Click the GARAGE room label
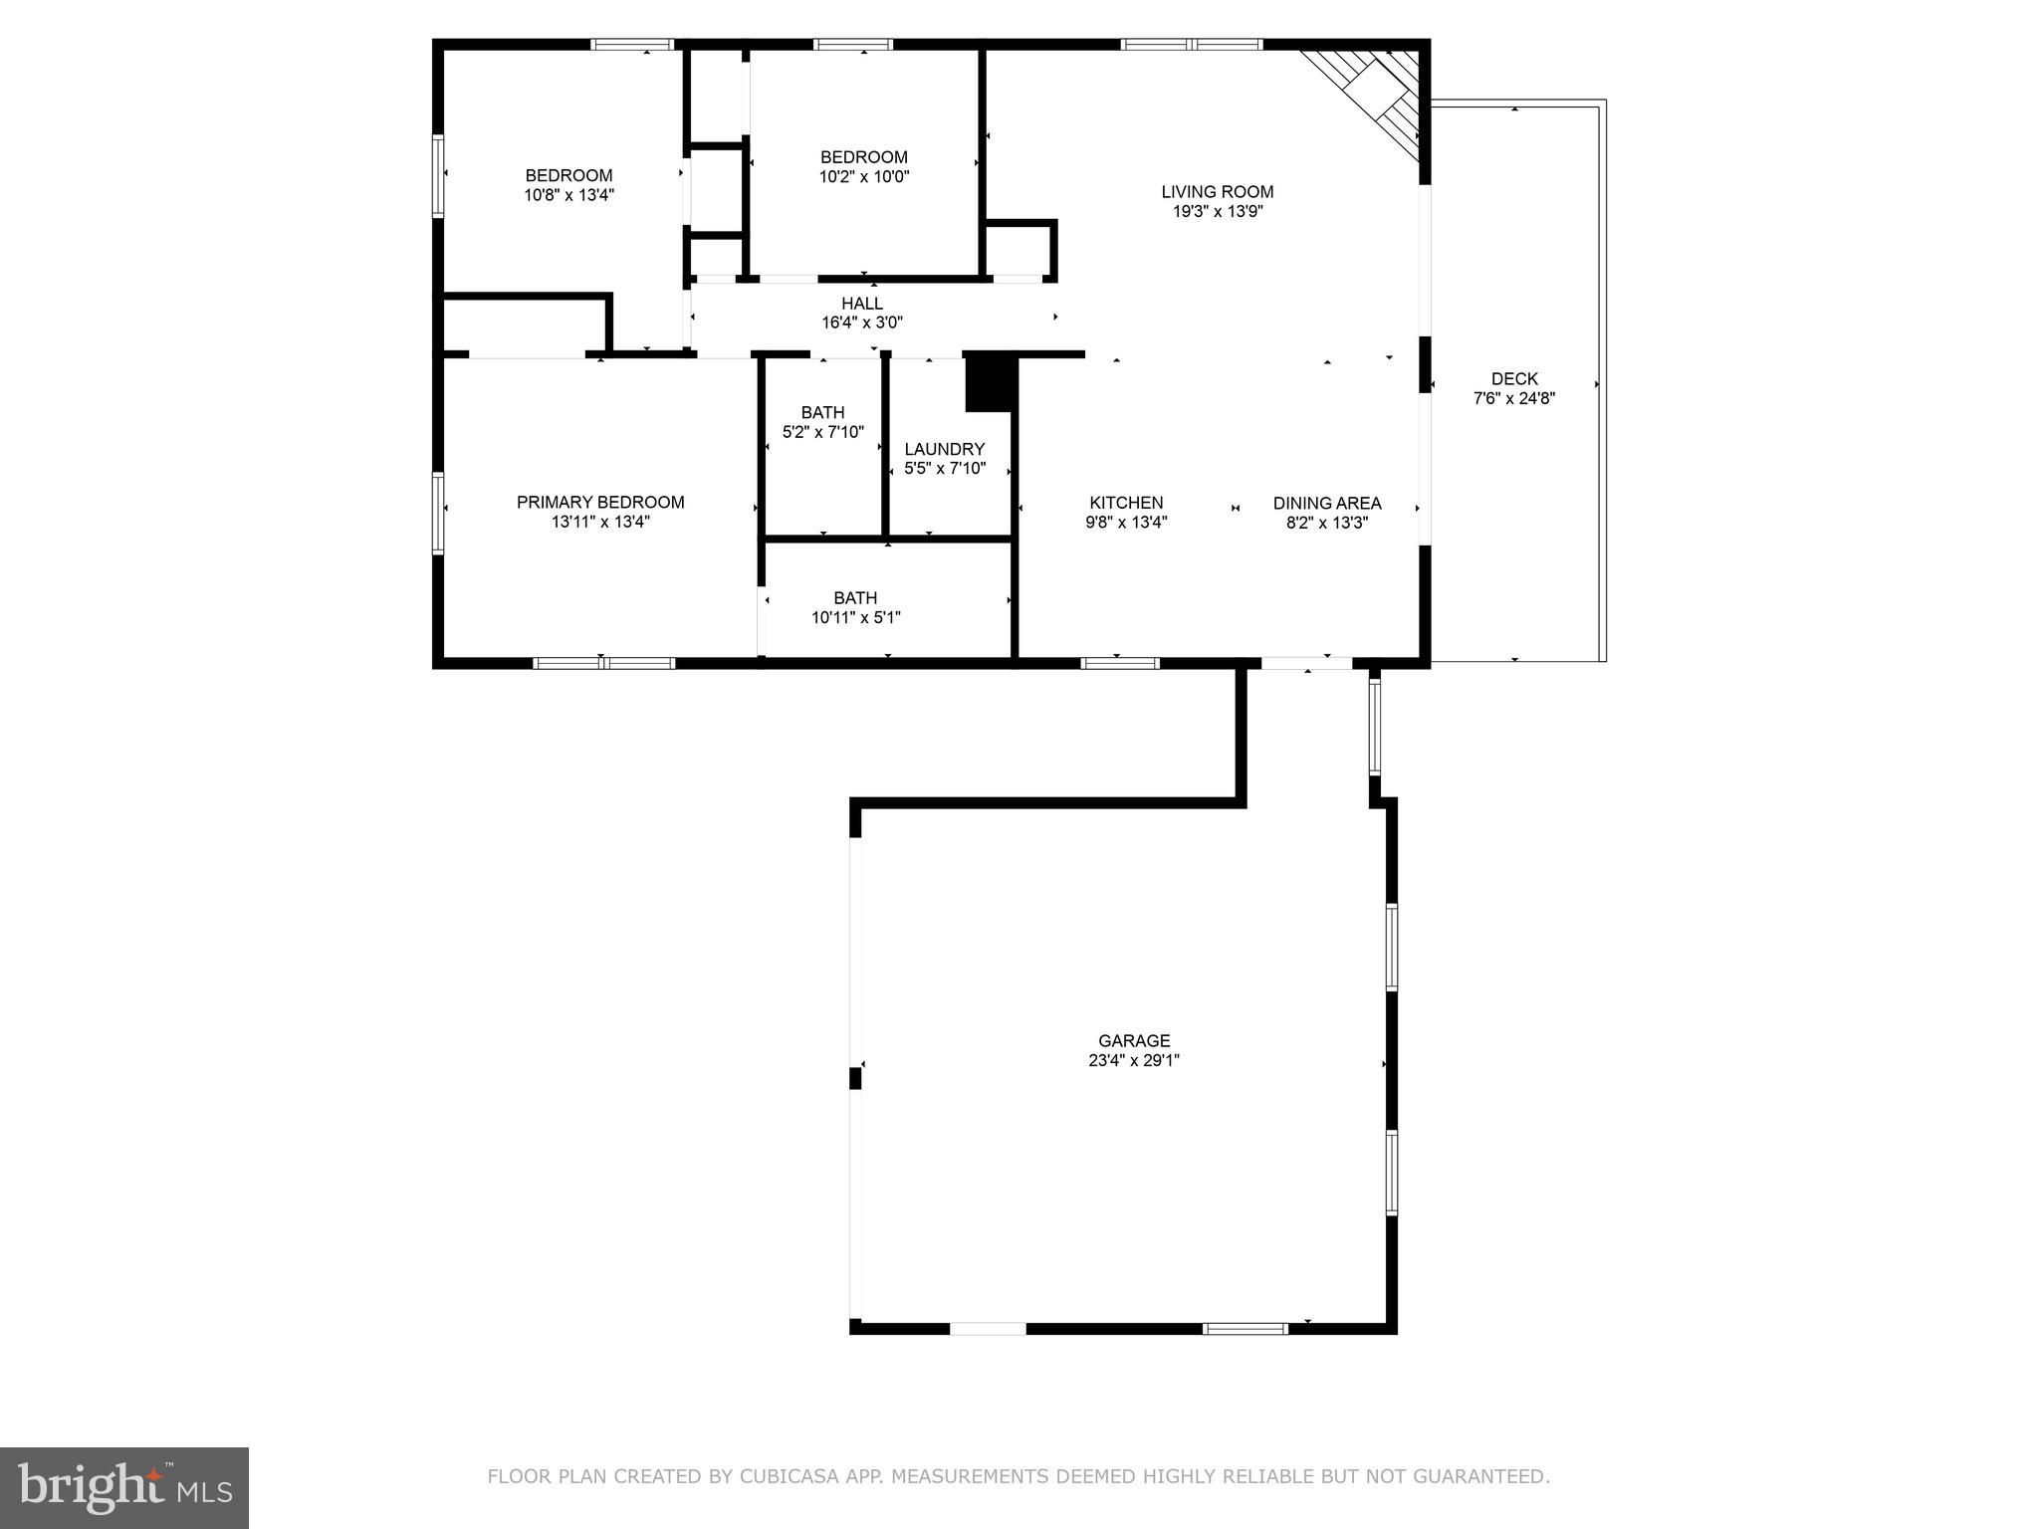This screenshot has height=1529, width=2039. coord(1134,1041)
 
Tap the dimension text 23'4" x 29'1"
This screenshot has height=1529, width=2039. coord(1134,1061)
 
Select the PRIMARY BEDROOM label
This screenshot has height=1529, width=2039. coord(600,503)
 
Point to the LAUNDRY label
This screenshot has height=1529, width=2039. coord(944,450)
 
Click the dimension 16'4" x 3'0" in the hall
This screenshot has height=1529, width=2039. coord(861,323)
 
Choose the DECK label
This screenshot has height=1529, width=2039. coord(1514,379)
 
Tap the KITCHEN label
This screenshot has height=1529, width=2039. coord(1126,504)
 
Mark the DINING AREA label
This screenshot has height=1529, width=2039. coord(1327,504)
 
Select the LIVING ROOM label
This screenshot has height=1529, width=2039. coord(1217,192)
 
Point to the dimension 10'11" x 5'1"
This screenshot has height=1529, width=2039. coord(855,617)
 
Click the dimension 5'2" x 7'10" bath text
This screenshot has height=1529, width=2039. coord(822,433)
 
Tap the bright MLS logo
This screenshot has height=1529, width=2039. coord(124,1487)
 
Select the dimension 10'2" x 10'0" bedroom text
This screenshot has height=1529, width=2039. coord(863,177)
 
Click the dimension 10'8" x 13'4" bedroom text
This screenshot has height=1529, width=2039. coord(568,196)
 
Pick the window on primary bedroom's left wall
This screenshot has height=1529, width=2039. coord(437,513)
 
